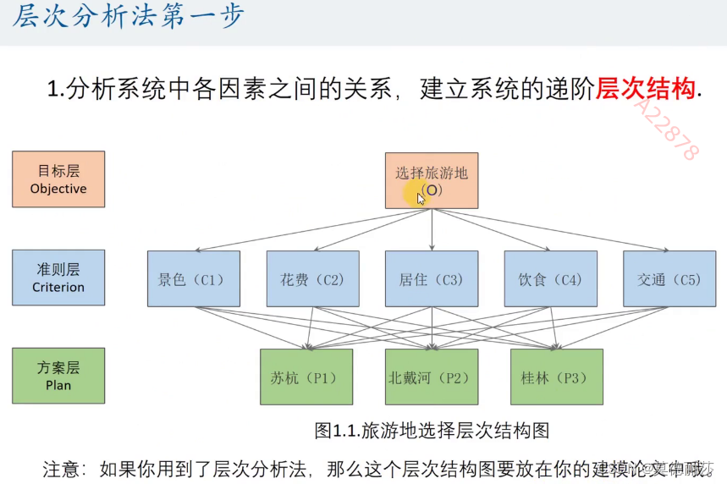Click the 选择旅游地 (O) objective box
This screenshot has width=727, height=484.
(x=432, y=180)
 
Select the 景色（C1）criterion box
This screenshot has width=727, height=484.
(x=193, y=278)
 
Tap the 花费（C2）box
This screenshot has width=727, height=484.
(x=312, y=278)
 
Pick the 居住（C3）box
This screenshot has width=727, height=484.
(x=432, y=278)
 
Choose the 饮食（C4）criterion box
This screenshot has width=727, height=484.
(x=550, y=278)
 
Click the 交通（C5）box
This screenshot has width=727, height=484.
(x=669, y=278)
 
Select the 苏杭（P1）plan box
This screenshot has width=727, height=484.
(x=306, y=377)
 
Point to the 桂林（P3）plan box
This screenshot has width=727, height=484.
(x=556, y=377)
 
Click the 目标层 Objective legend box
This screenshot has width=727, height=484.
(x=58, y=179)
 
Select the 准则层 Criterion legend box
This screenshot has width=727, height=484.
(x=58, y=278)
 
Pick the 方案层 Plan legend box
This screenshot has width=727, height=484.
(x=58, y=376)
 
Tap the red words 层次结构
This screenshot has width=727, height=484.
(x=647, y=89)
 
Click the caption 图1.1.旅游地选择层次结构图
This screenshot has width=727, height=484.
(x=432, y=431)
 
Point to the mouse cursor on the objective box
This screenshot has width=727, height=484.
(x=421, y=198)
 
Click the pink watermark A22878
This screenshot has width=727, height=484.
(x=668, y=127)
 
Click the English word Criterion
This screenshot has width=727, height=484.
(x=58, y=287)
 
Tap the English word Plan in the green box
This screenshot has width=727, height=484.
(x=58, y=385)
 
